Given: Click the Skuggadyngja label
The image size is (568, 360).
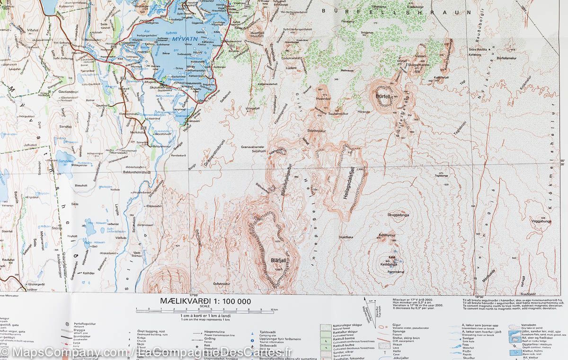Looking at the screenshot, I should [398, 215].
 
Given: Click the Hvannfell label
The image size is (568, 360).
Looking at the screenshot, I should [323, 98].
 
